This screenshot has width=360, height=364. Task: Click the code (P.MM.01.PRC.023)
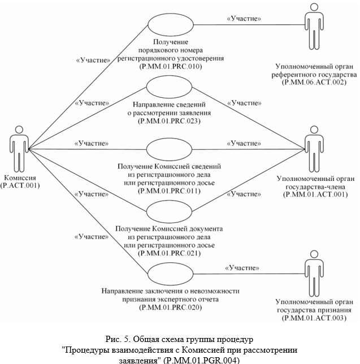point(170,120)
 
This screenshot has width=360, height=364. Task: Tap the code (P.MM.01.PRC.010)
point(170,66)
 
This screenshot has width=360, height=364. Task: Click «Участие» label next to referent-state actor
point(243,19)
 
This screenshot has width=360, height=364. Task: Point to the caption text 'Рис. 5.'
point(118,340)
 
